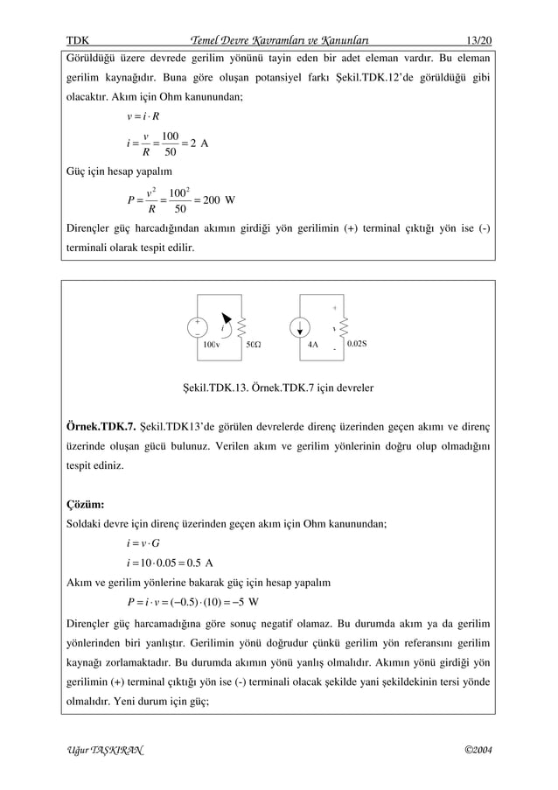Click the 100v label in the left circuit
(x=211, y=345)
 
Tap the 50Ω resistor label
(x=253, y=345)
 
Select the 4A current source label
(x=312, y=345)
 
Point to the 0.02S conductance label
(x=357, y=344)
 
